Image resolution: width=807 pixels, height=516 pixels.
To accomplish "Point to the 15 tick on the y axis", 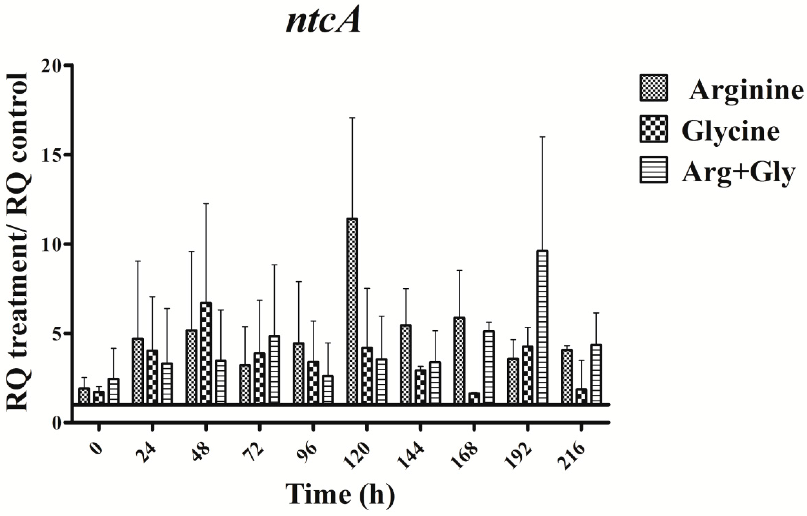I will [68, 155].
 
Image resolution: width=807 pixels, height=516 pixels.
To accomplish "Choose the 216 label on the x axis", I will [571, 456].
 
